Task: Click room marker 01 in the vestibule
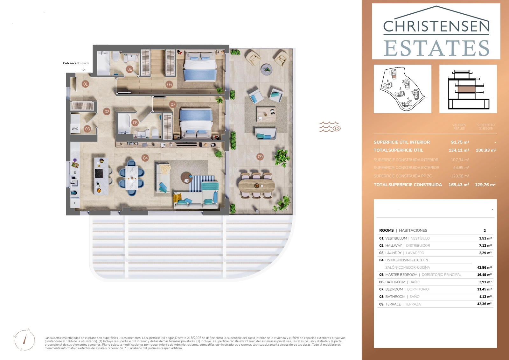tap(85, 84)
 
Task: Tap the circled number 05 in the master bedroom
tap(169, 84)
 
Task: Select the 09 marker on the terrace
tap(260, 157)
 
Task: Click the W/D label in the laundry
tap(75, 129)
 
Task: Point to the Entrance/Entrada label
tap(76, 63)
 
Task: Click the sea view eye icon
tap(330, 127)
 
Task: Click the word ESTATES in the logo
tap(436, 48)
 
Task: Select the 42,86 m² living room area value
tap(484, 268)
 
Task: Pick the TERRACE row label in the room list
tap(393, 304)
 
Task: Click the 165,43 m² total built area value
tap(458, 185)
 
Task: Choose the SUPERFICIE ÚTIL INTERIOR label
tap(401, 142)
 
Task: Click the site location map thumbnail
tap(402, 89)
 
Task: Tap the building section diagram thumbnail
tap(468, 89)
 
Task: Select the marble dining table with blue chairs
tap(131, 178)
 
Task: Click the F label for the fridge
tap(75, 203)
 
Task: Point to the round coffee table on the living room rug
tap(186, 177)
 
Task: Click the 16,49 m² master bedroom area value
tap(484, 275)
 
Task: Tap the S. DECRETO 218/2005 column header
tap(486, 127)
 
